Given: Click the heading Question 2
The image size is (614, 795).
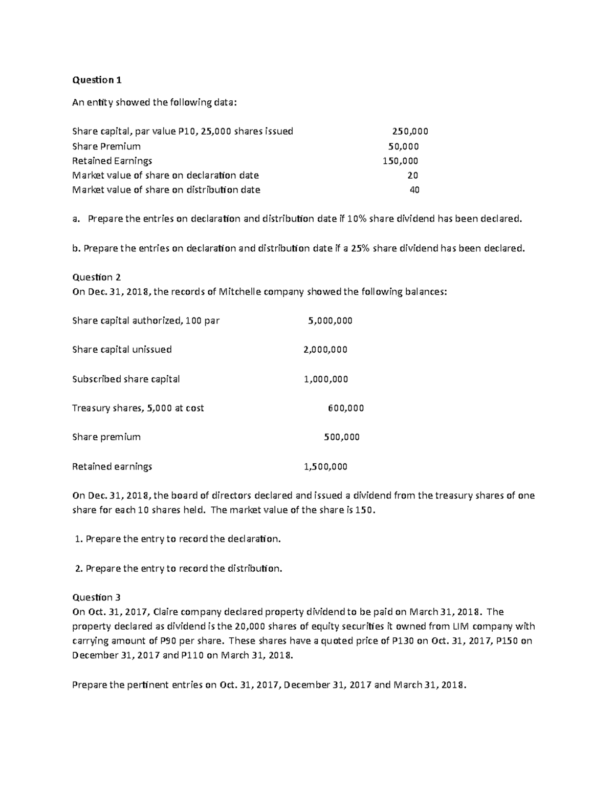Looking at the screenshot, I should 96,277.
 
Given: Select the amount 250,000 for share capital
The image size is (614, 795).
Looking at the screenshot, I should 410,131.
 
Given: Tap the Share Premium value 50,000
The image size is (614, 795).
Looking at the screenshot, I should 403,146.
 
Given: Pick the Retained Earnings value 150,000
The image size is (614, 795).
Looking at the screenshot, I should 400,161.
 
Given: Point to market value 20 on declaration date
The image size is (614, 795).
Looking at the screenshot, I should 412,176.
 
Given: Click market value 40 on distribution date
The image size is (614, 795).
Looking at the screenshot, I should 414,190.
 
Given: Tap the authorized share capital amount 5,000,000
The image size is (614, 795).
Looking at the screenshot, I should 330,321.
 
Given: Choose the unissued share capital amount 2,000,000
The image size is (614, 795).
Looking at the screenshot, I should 325,350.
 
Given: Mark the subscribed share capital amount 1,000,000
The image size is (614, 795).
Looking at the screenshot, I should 325,379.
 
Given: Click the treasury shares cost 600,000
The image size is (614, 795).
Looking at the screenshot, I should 345,408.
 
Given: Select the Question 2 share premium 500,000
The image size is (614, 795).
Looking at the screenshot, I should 342,437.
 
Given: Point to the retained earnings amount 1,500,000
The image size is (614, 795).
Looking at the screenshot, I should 325,466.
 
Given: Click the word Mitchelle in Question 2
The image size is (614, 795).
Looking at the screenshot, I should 239,292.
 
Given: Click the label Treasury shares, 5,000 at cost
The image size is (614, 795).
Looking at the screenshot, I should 138,408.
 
